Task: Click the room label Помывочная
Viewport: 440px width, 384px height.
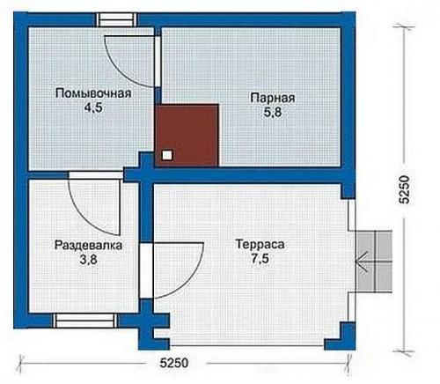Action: [93, 93]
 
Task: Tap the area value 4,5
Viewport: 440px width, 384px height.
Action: [93, 107]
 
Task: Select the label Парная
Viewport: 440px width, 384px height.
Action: [273, 98]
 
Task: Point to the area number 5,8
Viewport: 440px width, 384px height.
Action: [273, 112]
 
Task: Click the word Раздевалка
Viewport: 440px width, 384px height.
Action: [88, 245]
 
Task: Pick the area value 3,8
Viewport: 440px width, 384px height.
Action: [88, 260]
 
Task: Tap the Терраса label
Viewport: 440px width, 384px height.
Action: [260, 244]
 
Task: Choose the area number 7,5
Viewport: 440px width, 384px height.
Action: [260, 259]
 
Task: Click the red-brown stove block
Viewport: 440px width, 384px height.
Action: [187, 136]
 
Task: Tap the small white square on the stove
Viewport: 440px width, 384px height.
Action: [167, 155]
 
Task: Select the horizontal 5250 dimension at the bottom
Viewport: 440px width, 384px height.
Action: [174, 363]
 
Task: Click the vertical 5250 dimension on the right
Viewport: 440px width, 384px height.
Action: [405, 189]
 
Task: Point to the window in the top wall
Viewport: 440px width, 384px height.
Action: [117, 20]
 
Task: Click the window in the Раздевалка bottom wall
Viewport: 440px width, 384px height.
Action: [84, 321]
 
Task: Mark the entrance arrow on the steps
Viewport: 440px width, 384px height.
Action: [362, 262]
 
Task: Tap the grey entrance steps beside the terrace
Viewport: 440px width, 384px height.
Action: [374, 262]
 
